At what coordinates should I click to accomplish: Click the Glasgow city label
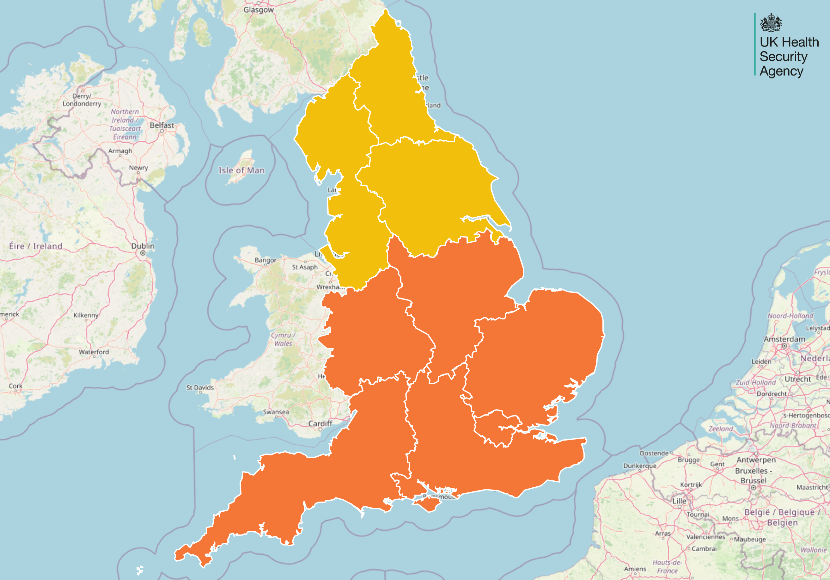[258, 10]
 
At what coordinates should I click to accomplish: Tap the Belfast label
[162, 125]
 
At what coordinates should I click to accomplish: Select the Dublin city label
[143, 246]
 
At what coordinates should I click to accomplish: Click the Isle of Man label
[241, 170]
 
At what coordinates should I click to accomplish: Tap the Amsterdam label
[784, 339]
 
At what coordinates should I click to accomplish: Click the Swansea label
[276, 412]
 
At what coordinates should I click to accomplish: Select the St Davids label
[200, 388]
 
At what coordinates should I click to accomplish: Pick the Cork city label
[15, 386]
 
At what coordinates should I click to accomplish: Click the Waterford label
[94, 352]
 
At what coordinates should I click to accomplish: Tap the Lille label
[679, 501]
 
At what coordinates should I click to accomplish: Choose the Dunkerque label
[639, 466]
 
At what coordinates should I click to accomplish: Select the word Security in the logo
[783, 57]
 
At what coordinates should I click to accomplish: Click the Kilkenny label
[86, 315]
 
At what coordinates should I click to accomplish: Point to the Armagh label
[120, 151]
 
